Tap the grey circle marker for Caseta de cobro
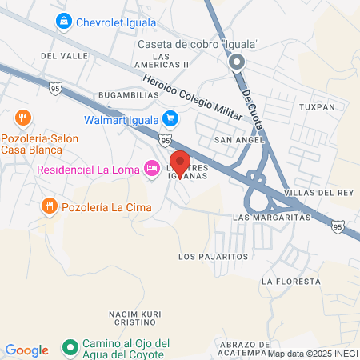(236, 62)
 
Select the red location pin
(180, 164)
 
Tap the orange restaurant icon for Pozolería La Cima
(50, 206)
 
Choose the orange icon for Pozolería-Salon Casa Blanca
(23, 118)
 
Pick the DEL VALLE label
(58, 56)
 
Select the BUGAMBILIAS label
(125, 94)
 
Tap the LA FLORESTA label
(290, 282)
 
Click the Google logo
(27, 350)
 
